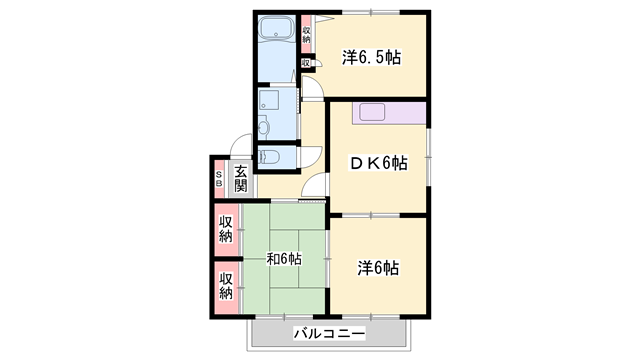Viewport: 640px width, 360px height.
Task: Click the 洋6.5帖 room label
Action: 371,57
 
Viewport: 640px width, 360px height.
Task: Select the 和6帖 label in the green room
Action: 283,259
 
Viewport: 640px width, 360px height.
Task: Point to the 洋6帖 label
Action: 379,267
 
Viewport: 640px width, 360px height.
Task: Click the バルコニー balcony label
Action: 329,333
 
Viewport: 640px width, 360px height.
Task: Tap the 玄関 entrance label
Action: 241,179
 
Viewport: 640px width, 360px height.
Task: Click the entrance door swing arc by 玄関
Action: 240,144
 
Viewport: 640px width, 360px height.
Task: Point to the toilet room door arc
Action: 312,155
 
